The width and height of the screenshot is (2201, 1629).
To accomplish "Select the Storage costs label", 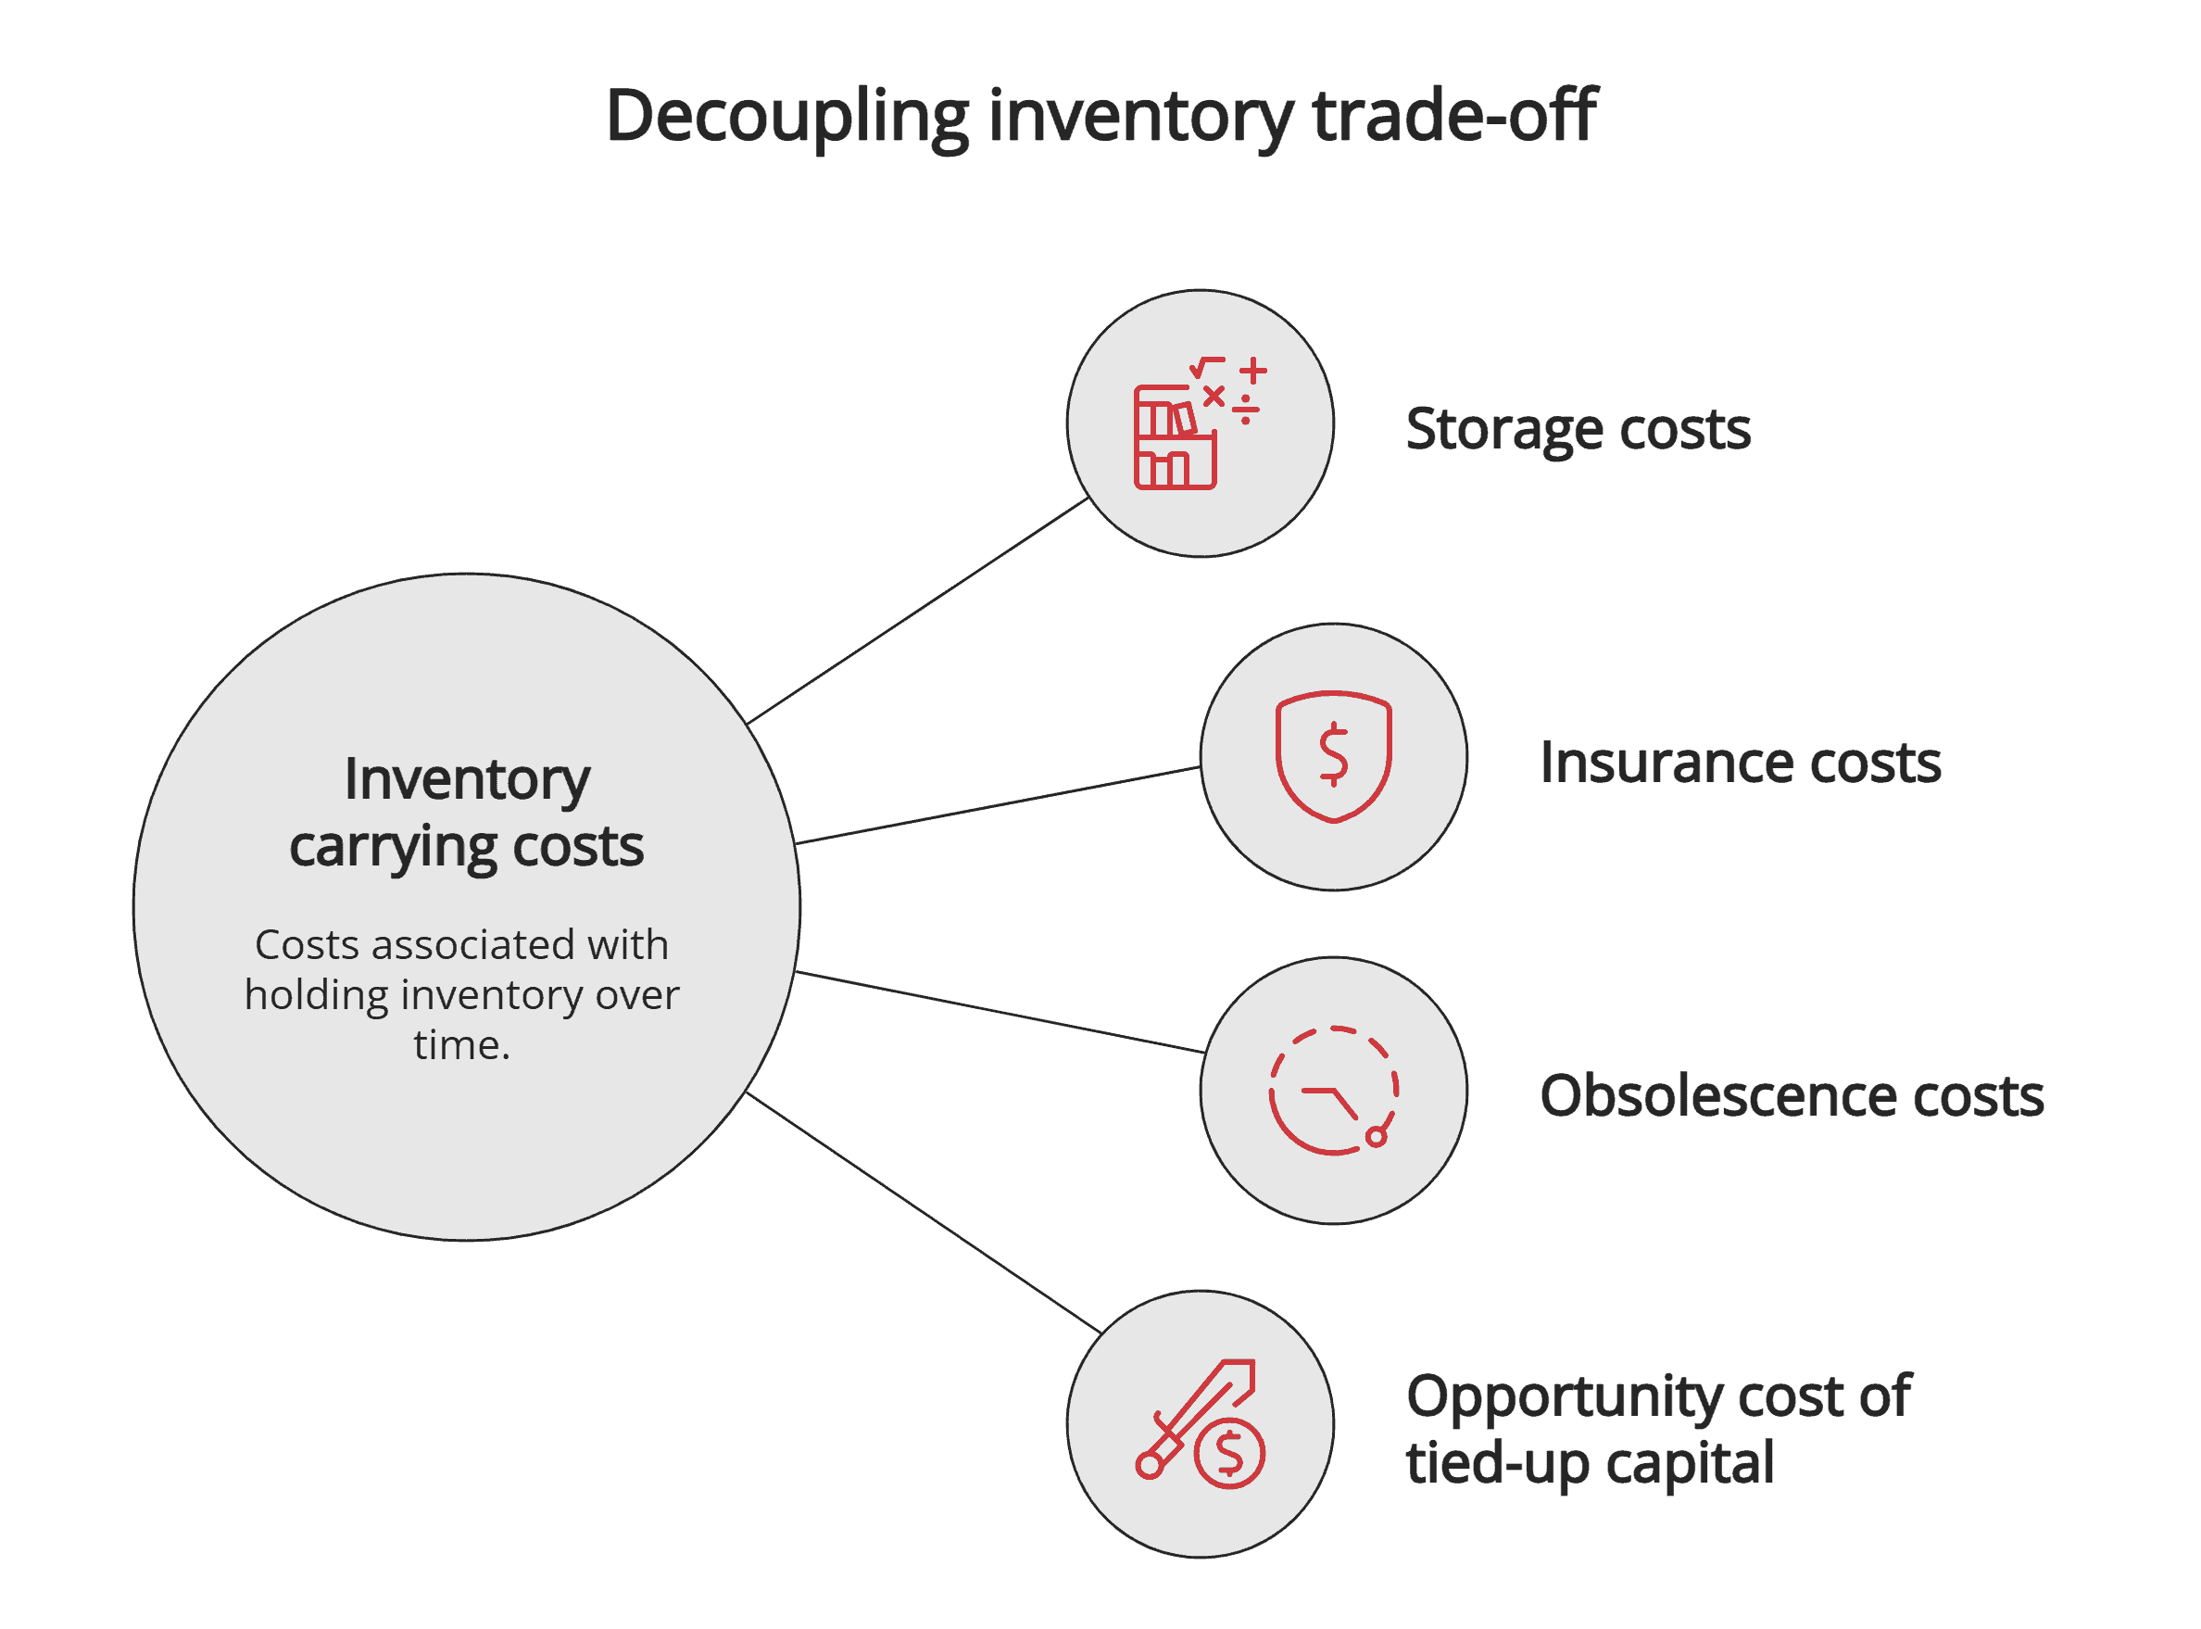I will point(1577,429).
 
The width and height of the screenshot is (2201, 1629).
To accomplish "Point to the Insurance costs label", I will point(1740,763).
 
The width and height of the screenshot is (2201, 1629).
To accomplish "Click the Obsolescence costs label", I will point(1791,1095).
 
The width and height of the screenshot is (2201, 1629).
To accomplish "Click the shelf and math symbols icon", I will point(1199,423).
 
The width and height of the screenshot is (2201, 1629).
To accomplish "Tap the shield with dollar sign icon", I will point(1333,756).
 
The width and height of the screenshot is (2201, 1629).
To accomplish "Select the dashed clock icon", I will point(1333,1090).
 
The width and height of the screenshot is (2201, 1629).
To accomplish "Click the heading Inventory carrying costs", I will point(466,813).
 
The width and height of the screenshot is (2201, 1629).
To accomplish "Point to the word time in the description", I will point(459,1045).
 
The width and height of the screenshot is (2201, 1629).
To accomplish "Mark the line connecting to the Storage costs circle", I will point(917,612).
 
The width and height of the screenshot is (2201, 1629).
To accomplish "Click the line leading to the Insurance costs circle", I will point(996,805).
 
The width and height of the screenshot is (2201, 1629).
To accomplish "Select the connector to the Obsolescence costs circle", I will point(999,1013).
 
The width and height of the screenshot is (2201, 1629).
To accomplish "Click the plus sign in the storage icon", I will point(1252,372).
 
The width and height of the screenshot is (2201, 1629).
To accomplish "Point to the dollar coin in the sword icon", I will point(1229,1454).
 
